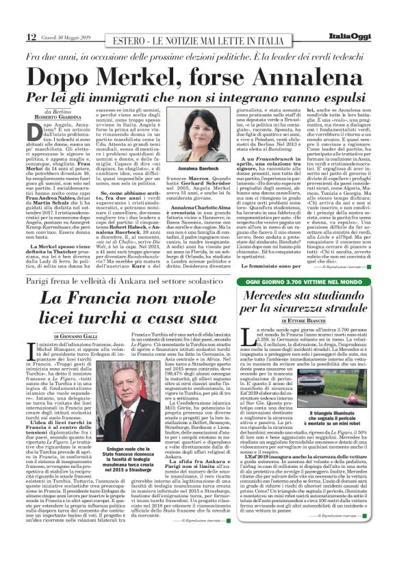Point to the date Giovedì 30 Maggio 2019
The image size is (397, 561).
(66, 36)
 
